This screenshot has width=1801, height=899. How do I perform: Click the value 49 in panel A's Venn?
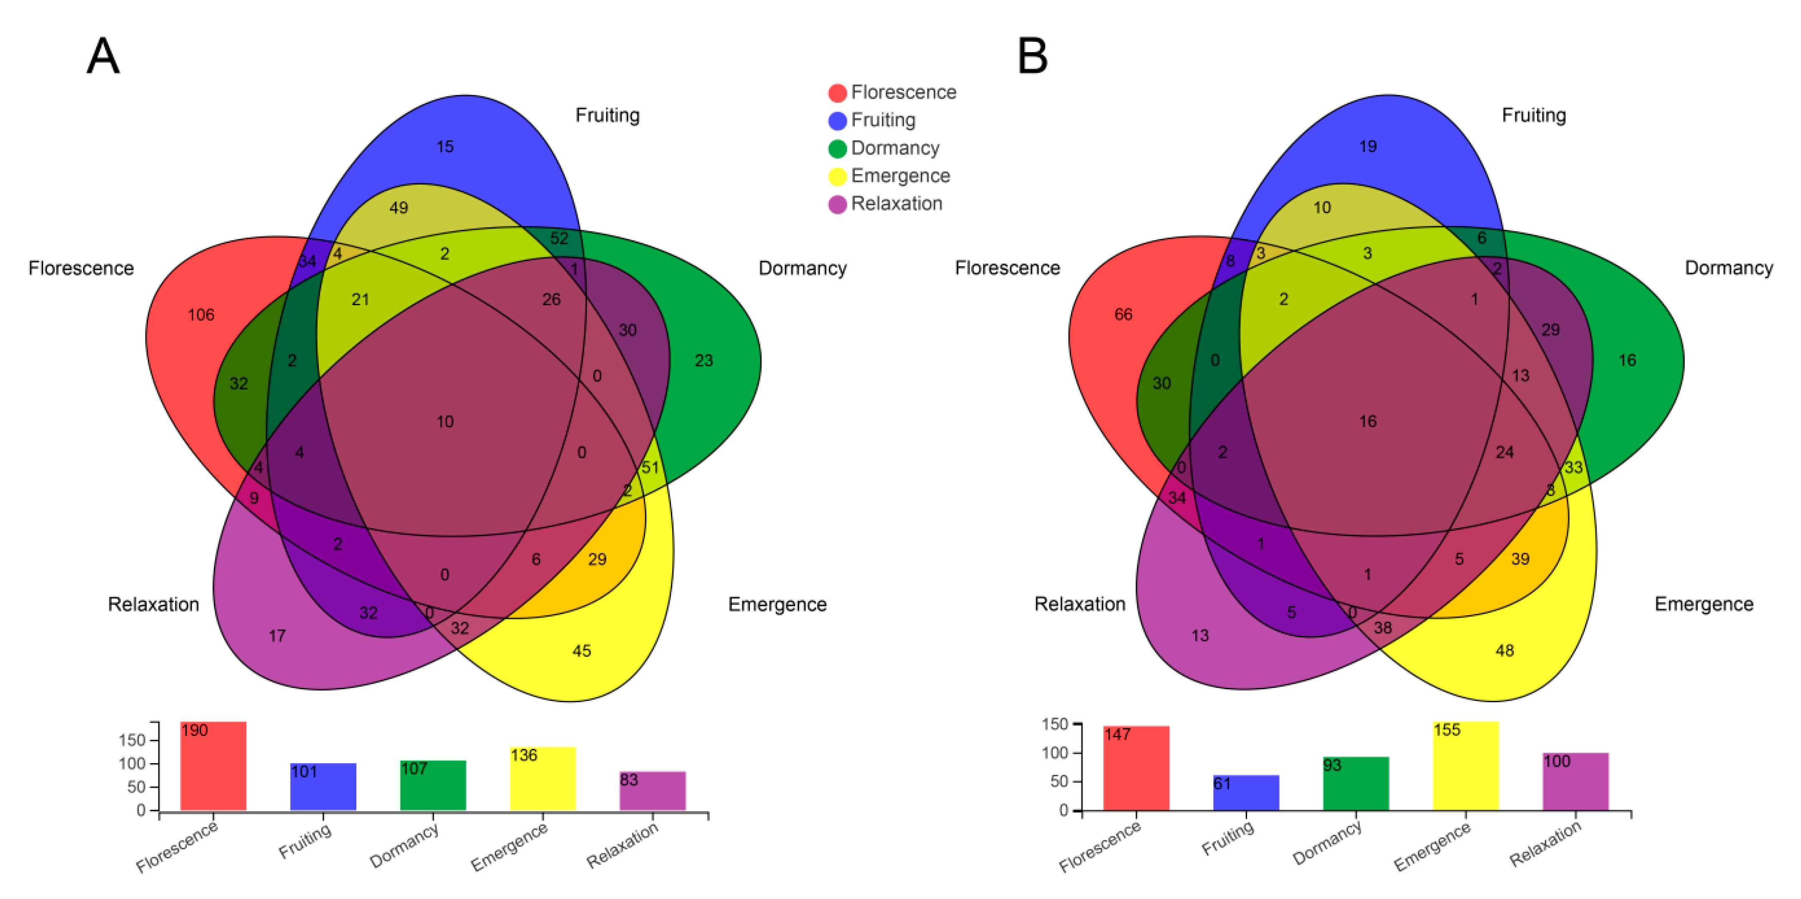[x=399, y=208]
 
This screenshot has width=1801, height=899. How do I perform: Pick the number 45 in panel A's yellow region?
[x=581, y=651]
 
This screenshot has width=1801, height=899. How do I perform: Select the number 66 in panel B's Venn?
[x=1123, y=315]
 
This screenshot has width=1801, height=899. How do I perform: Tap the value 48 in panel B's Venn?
[x=1504, y=651]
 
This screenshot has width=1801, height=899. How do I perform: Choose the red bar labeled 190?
[x=213, y=766]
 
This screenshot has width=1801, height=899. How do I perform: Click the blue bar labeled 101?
[x=323, y=787]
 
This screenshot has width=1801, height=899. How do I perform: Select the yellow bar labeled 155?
[x=1466, y=766]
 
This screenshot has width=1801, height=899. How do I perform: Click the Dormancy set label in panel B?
[x=1728, y=268]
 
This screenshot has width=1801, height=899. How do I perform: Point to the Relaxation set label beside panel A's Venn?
[x=153, y=604]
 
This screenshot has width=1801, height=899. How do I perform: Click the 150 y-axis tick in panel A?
[x=132, y=740]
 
